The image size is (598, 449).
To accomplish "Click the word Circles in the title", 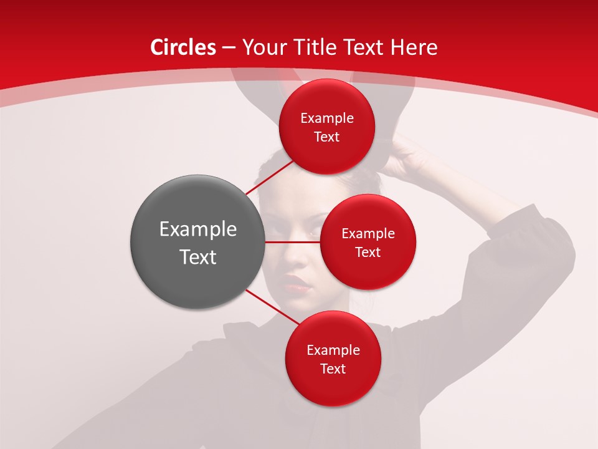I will (x=183, y=47).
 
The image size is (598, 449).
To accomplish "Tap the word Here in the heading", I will (x=414, y=47).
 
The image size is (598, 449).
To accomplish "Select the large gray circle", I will (x=197, y=242).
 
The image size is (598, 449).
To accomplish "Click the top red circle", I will (x=327, y=127).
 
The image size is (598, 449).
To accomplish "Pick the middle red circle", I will (x=368, y=242).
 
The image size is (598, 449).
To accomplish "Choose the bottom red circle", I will (x=333, y=359).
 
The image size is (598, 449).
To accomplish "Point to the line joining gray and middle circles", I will (x=292, y=242).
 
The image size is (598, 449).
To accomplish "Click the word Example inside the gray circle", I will (x=197, y=229).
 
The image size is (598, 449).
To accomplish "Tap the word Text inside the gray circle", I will (x=197, y=256).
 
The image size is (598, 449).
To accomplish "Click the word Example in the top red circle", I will (x=327, y=118).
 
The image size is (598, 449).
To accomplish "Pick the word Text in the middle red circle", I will (x=368, y=252).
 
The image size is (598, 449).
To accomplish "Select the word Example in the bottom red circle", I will (x=333, y=350).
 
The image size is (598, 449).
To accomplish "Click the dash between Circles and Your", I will (x=229, y=48).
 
